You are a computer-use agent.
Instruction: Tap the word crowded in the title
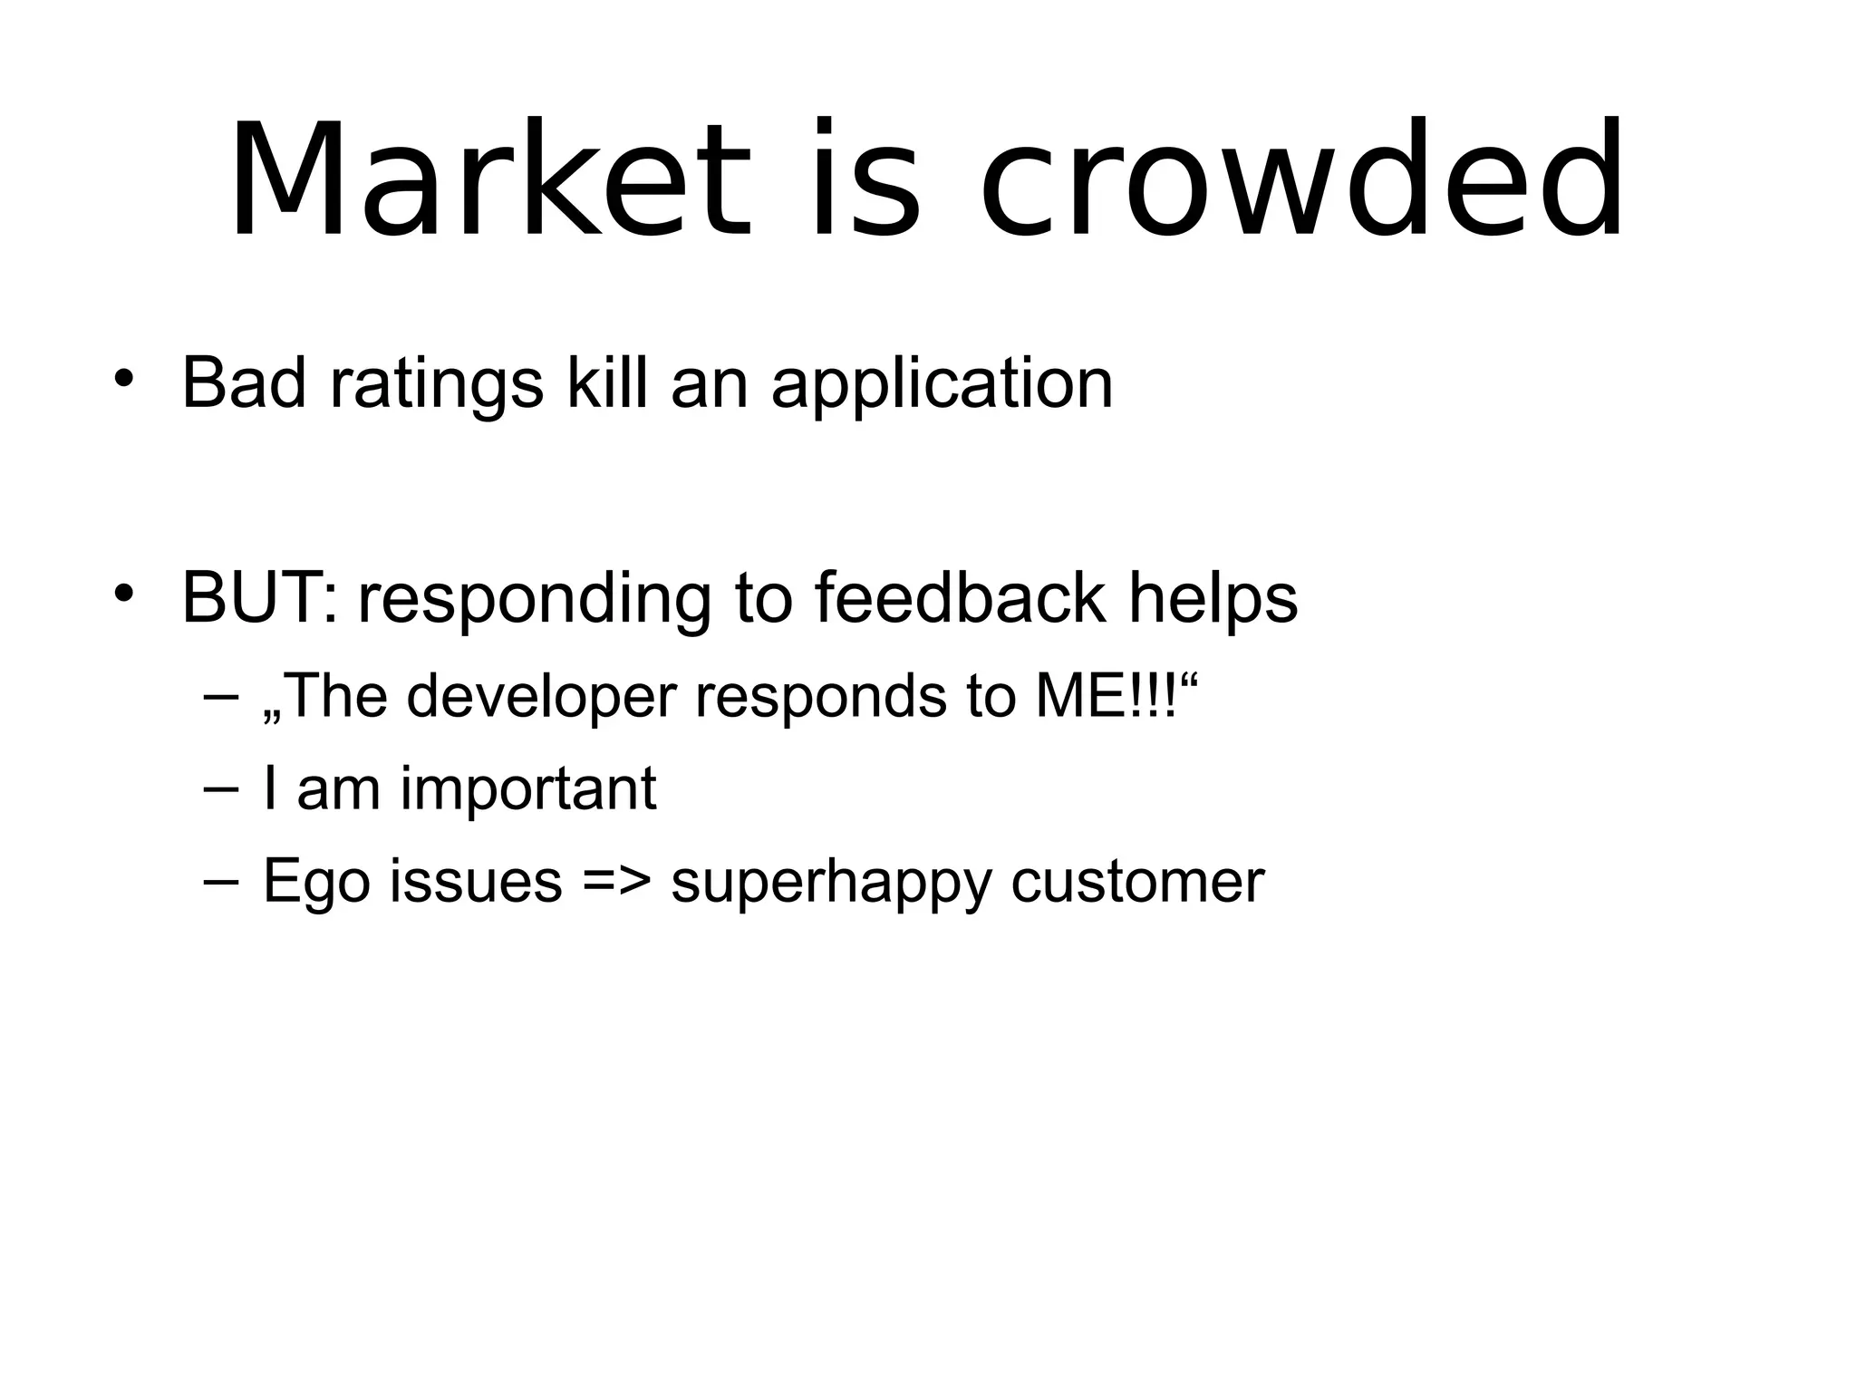pos(1301,181)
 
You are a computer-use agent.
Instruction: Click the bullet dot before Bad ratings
pos(124,378)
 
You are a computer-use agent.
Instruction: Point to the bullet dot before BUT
pos(124,593)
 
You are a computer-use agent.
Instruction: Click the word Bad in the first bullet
pos(244,383)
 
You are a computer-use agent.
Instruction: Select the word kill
pos(607,383)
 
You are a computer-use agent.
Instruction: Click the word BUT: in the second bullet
pos(259,598)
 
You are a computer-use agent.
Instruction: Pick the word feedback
pos(960,598)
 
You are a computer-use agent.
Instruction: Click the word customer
pos(1137,881)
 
